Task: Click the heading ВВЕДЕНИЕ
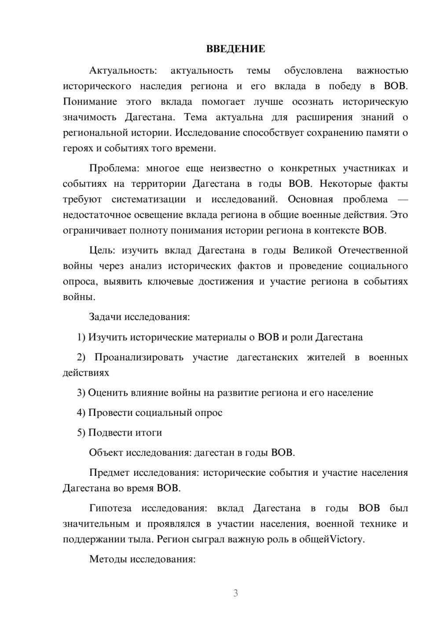click(x=235, y=49)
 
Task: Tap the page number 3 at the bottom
click(x=235, y=593)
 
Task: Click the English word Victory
click(x=347, y=539)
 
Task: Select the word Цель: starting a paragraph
click(x=102, y=250)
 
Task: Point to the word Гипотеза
click(x=110, y=508)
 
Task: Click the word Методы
click(x=106, y=559)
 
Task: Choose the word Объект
click(x=106, y=452)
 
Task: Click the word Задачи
click(x=106, y=317)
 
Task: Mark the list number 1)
click(x=81, y=337)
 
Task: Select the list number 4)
click(x=81, y=413)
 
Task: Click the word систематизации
click(x=149, y=199)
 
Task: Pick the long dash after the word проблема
click(x=403, y=199)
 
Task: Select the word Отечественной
click(x=373, y=250)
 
